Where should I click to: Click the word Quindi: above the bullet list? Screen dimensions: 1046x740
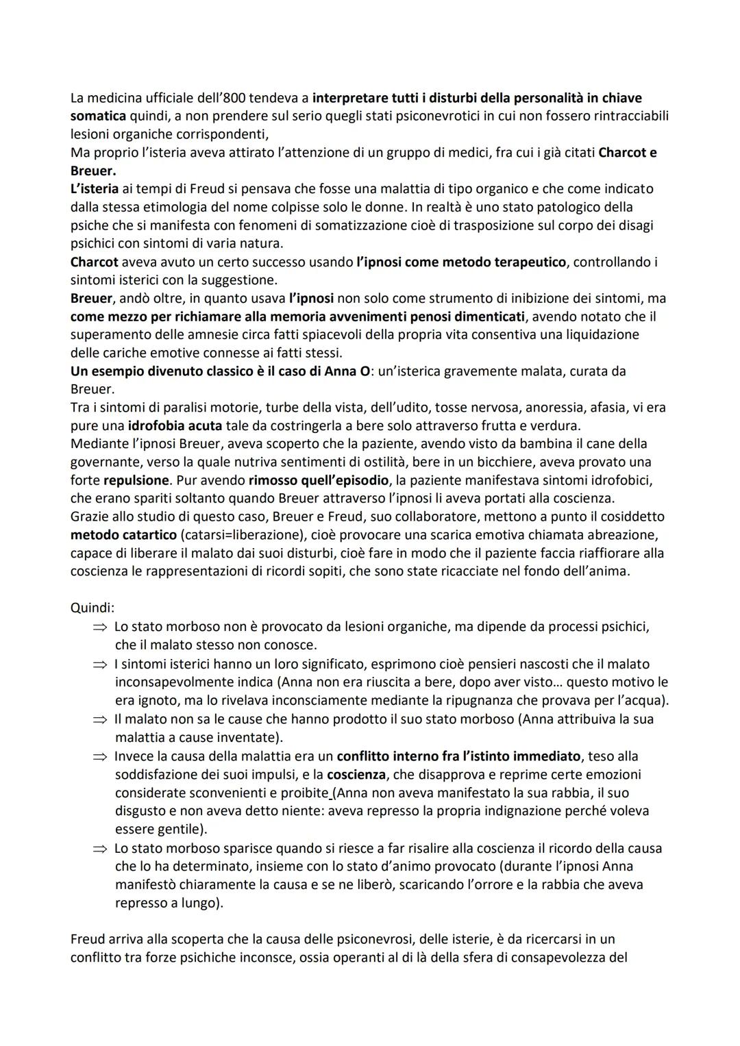pyautogui.click(x=92, y=608)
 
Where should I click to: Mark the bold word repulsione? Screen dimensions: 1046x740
pyautogui.click(x=136, y=480)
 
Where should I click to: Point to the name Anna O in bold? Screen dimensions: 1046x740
pyautogui.click(x=347, y=371)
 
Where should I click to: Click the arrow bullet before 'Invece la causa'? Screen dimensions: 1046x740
pyautogui.click(x=100, y=757)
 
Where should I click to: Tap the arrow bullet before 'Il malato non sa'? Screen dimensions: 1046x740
pyautogui.click(x=100, y=720)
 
